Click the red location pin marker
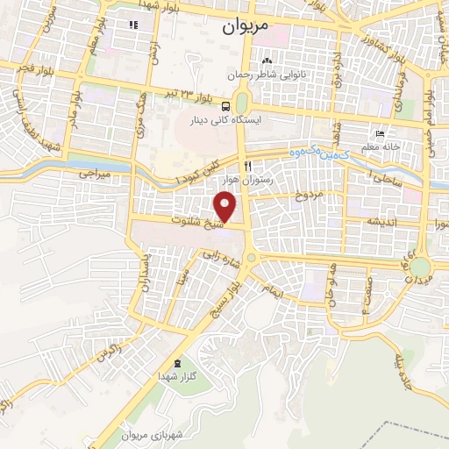(226, 207)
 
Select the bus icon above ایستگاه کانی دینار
(227, 101)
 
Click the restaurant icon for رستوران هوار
(249, 167)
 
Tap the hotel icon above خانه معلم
(380, 135)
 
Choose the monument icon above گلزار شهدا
(178, 363)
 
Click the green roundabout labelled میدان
(421, 266)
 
